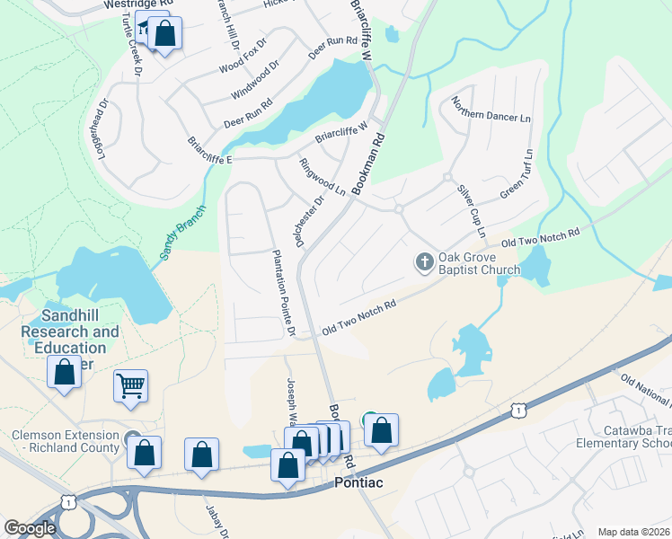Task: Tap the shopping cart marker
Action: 130,387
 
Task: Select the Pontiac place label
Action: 358,482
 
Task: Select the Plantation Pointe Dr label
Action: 279,293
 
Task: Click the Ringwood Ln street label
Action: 322,177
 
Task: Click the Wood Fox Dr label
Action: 243,57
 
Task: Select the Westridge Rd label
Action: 137,4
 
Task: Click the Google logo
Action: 30,528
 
